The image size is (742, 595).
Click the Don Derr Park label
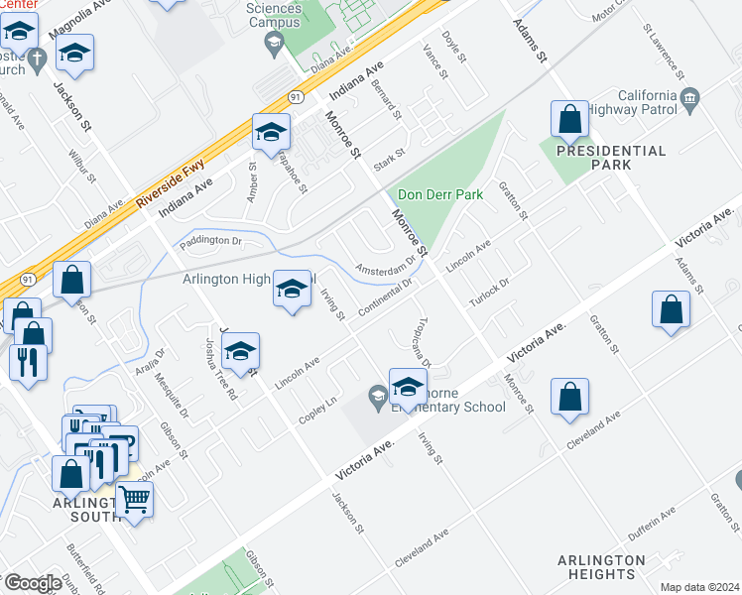pyautogui.click(x=440, y=194)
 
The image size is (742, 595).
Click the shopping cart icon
pyautogui.click(x=134, y=500)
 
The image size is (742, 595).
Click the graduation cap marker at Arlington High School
pyautogui.click(x=292, y=290)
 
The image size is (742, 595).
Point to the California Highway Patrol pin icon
pyautogui.click(x=690, y=96)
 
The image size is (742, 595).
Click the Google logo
pyautogui.click(x=33, y=582)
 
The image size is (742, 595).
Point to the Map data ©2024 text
pyautogui.click(x=699, y=587)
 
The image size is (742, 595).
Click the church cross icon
pyautogui.click(x=37, y=59)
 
